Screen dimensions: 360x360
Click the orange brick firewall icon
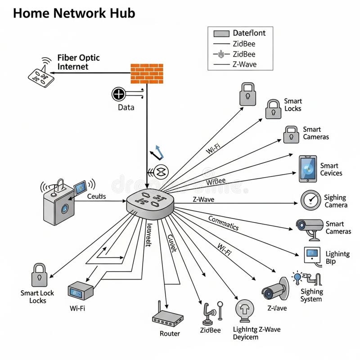[x=147, y=73]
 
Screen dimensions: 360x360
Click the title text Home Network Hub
[x=74, y=13]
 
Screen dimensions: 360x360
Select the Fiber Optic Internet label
[x=78, y=63]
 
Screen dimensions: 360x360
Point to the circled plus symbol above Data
[x=118, y=94]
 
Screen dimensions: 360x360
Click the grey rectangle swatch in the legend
[x=221, y=33]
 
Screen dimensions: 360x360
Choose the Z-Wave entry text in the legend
[x=244, y=64]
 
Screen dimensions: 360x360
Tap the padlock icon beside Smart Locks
[x=273, y=109]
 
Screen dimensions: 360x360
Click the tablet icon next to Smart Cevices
[x=308, y=169]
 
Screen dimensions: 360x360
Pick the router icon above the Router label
[x=167, y=317]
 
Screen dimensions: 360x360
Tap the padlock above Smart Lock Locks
[x=39, y=275]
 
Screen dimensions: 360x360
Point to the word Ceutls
[x=96, y=196]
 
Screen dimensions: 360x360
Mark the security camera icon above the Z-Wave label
[x=274, y=289]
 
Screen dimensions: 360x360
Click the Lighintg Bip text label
[x=337, y=257]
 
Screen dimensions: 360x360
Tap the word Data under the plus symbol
[x=126, y=108]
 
